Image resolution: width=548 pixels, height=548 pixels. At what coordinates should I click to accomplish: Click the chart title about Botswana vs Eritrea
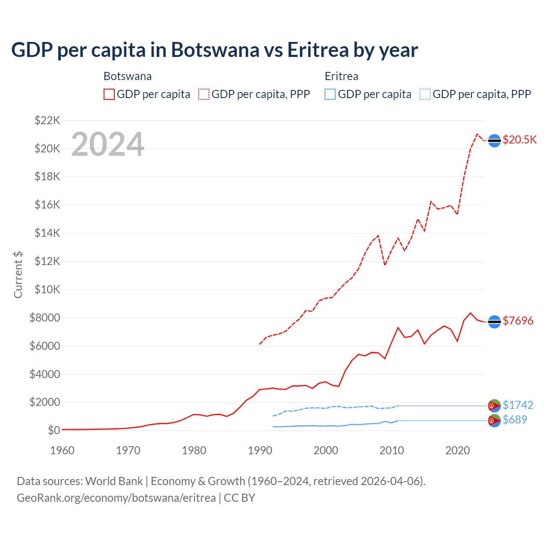tap(214, 50)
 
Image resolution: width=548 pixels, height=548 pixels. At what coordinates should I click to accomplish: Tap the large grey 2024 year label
tap(107, 144)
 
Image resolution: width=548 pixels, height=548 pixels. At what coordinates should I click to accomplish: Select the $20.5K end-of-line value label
tap(519, 140)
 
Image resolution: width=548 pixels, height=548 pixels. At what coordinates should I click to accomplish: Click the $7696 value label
tap(518, 321)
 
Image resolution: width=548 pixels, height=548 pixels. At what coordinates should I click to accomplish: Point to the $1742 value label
tap(518, 405)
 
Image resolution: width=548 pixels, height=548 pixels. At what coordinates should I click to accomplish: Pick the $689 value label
tap(515, 420)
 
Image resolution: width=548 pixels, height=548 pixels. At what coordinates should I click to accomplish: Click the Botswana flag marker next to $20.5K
tap(494, 140)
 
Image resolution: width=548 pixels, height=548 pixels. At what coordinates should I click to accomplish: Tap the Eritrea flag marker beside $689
tap(494, 420)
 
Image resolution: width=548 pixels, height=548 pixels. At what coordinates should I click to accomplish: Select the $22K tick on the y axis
tap(48, 120)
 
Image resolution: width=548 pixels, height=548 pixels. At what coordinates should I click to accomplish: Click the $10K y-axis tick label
tap(48, 289)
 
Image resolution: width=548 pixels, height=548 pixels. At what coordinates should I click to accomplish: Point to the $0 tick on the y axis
tap(54, 430)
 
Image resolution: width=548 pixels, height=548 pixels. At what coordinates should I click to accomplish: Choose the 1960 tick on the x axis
tap(63, 450)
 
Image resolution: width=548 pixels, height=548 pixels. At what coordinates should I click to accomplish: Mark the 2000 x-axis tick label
tap(326, 450)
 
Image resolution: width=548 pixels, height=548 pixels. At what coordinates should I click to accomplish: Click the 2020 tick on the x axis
tap(458, 450)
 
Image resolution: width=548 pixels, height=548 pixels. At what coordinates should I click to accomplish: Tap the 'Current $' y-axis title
tap(18, 275)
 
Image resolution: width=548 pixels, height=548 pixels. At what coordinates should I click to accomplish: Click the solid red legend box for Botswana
tap(109, 94)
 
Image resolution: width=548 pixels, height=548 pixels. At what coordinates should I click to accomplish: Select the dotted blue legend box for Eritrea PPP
tap(425, 94)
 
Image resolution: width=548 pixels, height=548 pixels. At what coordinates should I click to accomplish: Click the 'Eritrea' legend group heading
tap(341, 76)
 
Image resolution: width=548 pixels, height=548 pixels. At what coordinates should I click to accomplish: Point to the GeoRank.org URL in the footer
tap(116, 498)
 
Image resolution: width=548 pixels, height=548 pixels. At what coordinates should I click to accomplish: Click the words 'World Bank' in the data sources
tap(114, 481)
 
